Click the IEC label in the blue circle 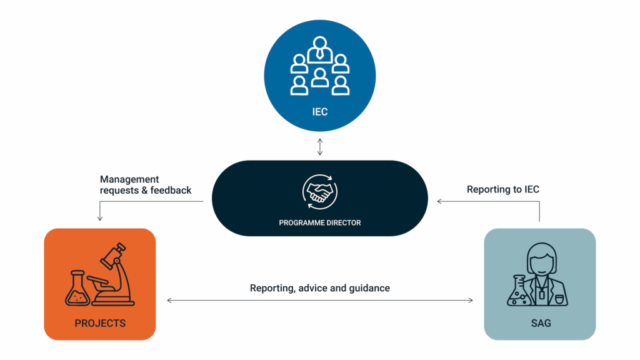pyautogui.click(x=319, y=112)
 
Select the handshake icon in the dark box pyautogui.click(x=319, y=192)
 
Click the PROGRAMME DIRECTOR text pyautogui.click(x=319, y=222)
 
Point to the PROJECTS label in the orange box pyautogui.click(x=100, y=323)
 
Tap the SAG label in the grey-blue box pyautogui.click(x=539, y=323)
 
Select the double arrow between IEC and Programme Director pyautogui.click(x=319, y=147)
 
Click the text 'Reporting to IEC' pyautogui.click(x=503, y=189)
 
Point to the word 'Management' pyautogui.click(x=129, y=179)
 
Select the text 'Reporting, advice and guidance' pyautogui.click(x=319, y=288)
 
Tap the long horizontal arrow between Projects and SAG pyautogui.click(x=319, y=301)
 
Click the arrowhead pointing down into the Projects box pyautogui.click(x=100, y=218)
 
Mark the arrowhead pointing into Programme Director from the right pyautogui.click(x=439, y=201)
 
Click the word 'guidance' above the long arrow pyautogui.click(x=369, y=288)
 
